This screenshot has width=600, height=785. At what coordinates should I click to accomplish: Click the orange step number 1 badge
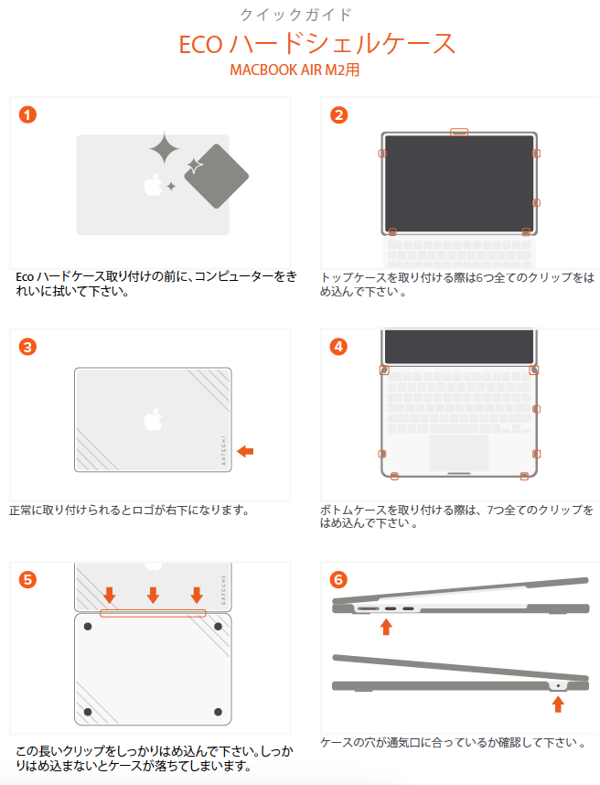point(27,114)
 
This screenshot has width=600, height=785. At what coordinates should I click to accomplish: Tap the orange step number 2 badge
point(338,115)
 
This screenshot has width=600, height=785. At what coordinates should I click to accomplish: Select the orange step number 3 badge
point(27,347)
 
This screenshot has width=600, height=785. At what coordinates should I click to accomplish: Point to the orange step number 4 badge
point(338,347)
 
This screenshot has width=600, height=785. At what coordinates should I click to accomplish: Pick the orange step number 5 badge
point(27,580)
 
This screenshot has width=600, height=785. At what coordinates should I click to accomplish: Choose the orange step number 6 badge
point(338,580)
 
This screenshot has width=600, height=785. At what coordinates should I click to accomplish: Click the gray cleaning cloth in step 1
point(217,177)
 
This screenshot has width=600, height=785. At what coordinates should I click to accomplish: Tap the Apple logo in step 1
point(153,185)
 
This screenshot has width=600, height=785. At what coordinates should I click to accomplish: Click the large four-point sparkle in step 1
point(164,148)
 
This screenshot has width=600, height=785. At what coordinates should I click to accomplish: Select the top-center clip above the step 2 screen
point(459,132)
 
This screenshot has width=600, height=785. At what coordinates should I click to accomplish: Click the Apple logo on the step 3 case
point(153,420)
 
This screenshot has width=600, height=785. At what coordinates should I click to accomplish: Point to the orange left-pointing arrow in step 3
point(245,452)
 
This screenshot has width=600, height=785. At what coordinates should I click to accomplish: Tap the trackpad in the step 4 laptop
point(459,453)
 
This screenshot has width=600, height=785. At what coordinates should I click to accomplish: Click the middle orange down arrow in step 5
point(153,596)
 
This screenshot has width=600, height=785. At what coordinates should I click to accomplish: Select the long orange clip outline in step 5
point(153,613)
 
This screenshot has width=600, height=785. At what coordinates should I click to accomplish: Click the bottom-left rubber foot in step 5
point(88,712)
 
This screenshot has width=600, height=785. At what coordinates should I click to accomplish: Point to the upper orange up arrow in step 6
point(386,627)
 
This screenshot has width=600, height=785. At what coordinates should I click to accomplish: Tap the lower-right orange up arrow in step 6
point(558,704)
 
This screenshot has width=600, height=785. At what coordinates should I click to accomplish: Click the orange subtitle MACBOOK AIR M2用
point(295,70)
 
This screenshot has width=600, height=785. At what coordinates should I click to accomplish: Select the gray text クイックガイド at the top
point(296,15)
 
